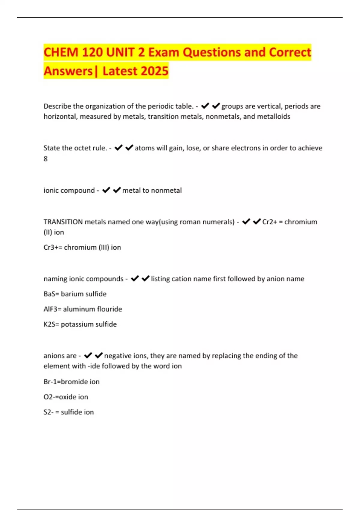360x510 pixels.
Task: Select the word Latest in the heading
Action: tap(119, 71)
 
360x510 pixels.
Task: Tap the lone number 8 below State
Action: tap(46, 159)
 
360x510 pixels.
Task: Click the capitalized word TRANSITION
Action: tap(63, 222)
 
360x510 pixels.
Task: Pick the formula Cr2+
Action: tap(269, 222)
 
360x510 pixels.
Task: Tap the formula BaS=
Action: tap(51, 294)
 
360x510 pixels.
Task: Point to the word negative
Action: tap(118, 356)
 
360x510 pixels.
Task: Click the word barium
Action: tap(71, 294)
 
